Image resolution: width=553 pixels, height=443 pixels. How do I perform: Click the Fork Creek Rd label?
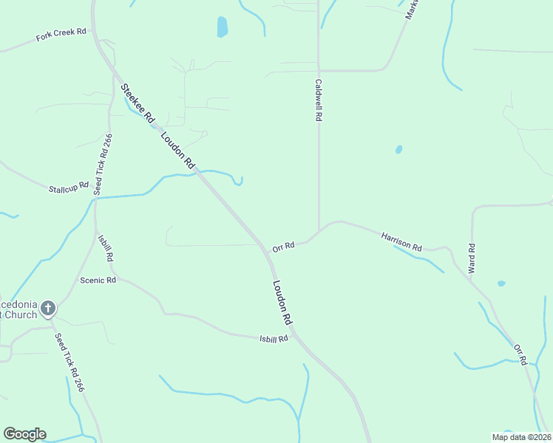[61, 35]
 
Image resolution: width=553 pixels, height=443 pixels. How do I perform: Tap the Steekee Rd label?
[138, 103]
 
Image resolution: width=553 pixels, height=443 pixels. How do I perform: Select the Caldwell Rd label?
[319, 100]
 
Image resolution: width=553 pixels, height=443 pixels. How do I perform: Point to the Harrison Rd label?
[401, 241]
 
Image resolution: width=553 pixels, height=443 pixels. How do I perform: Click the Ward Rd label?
[471, 258]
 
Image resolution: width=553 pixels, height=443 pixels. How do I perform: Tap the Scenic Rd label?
[98, 281]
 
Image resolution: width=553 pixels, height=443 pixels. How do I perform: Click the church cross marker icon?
[48, 308]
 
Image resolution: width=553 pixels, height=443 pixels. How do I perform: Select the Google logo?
[24, 434]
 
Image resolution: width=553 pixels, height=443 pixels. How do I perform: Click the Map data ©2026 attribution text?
[521, 436]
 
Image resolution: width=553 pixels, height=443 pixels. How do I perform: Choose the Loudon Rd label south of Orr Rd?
[283, 302]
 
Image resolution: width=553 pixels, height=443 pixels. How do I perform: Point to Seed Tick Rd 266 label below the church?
[69, 363]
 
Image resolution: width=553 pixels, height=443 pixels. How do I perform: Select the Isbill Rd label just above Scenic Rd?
[105, 249]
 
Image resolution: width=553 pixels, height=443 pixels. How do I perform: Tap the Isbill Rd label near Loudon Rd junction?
[273, 339]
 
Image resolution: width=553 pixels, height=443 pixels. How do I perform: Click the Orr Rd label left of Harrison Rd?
[283, 246]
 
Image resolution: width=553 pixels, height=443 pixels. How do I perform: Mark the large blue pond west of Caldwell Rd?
[222, 27]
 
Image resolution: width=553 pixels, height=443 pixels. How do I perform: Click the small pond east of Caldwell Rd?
[398, 149]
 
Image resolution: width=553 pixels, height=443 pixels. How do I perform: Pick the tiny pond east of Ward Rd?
[501, 283]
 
